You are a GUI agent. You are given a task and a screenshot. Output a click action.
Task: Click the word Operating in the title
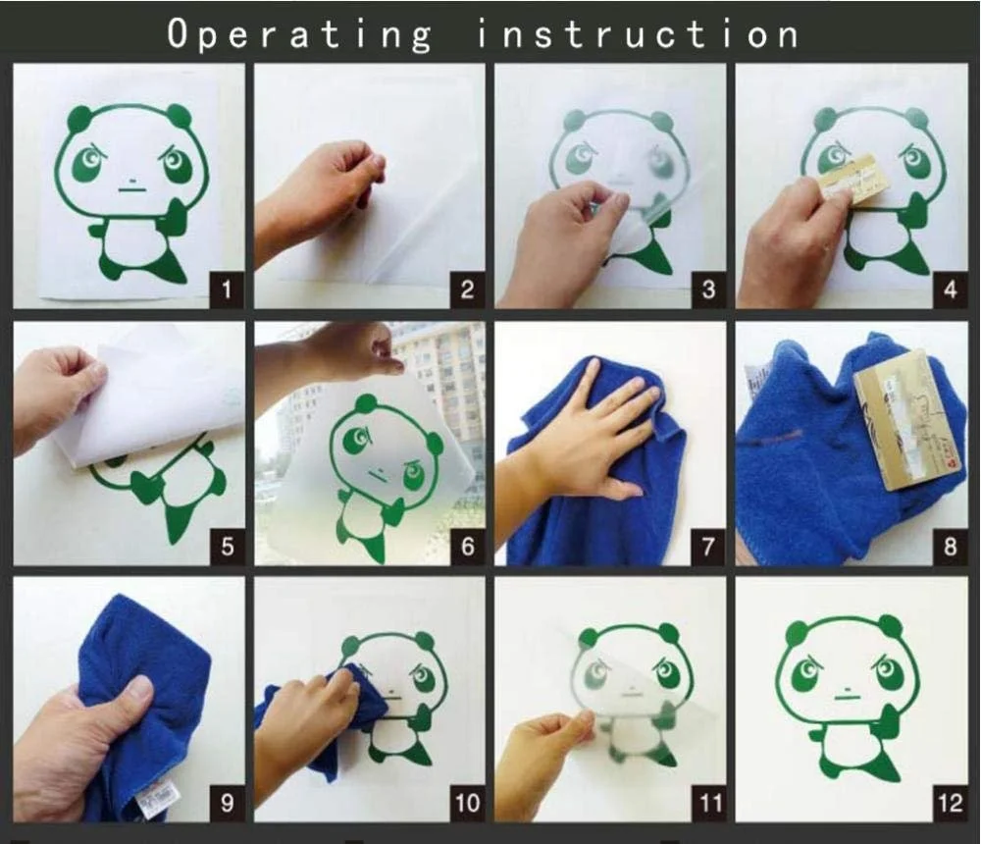(299, 35)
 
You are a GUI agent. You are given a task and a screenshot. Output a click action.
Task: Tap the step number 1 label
(227, 290)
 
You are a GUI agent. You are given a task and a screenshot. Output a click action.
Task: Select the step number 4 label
(950, 290)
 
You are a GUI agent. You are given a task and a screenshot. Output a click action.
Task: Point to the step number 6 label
(467, 547)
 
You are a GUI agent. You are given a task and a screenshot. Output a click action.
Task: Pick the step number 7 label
(708, 547)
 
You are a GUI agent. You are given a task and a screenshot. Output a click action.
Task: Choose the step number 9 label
(227, 803)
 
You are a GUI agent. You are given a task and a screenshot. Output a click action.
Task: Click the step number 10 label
(467, 803)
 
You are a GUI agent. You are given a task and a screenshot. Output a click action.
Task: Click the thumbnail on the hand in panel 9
(139, 689)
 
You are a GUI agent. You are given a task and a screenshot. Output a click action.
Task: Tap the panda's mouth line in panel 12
(847, 695)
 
